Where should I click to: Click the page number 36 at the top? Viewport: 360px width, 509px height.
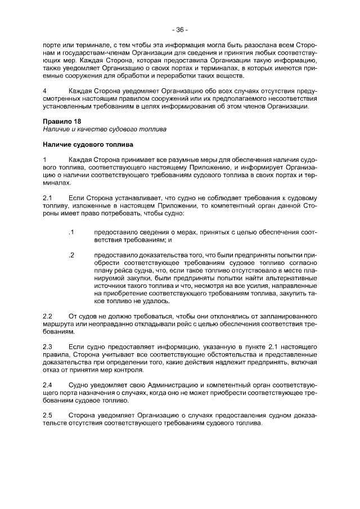pos(180,30)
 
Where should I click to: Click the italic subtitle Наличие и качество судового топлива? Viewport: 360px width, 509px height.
pos(105,129)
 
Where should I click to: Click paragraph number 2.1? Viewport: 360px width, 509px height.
pos(48,198)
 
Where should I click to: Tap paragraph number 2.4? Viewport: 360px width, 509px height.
pos(48,384)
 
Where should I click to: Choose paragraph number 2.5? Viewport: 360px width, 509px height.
pos(48,415)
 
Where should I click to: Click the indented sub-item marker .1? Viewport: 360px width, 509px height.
pos(71,232)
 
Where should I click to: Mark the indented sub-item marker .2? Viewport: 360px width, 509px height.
pos(71,255)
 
